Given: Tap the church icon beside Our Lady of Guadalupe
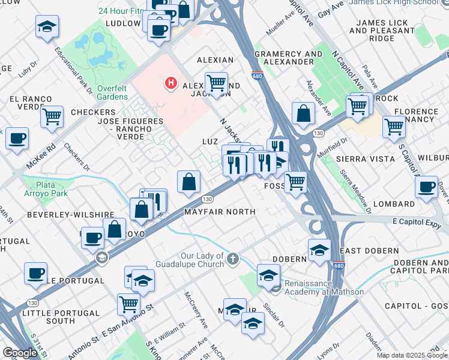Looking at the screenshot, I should pos(233,259).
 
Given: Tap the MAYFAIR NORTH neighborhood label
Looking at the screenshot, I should pos(220,212).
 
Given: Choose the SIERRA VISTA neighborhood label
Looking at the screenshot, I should pos(366,159).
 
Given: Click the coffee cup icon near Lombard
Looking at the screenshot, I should pos(426,186).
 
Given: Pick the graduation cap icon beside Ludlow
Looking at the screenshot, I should pos(47,27).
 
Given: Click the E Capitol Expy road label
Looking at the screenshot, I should pos(417,221).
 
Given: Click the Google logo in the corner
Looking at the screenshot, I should pos(20,353).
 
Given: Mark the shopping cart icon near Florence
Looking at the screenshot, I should pos(394,127).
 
